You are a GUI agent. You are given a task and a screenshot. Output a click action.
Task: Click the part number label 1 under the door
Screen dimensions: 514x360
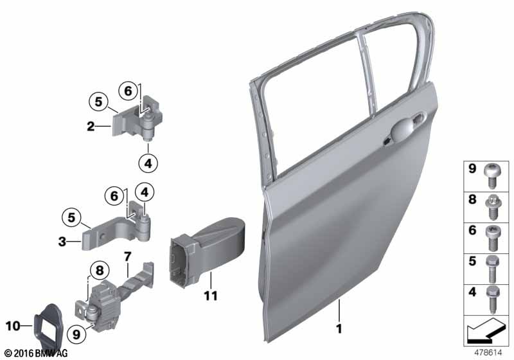click(x=339, y=328)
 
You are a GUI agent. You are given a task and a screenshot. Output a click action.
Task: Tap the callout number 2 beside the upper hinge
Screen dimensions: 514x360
click(x=91, y=126)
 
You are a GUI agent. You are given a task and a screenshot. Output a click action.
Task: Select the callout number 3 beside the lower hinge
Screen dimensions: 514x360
click(x=62, y=242)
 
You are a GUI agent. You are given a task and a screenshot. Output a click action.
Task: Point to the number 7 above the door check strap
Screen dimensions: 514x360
click(x=127, y=256)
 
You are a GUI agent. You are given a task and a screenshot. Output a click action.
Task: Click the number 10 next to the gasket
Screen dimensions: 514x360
click(x=13, y=326)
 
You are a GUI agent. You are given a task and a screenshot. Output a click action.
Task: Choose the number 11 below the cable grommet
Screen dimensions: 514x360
click(x=211, y=296)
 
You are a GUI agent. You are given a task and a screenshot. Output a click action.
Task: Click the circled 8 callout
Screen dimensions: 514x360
click(x=99, y=271)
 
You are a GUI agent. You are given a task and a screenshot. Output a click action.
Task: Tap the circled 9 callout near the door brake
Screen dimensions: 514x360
click(x=76, y=334)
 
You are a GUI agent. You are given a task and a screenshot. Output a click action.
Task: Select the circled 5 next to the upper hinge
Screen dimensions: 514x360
click(x=99, y=102)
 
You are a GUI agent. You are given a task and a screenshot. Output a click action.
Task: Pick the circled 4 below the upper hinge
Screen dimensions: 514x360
click(x=148, y=163)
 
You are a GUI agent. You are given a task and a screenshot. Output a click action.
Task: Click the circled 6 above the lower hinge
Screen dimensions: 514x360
click(x=114, y=196)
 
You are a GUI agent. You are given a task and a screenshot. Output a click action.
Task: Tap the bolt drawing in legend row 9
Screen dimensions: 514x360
click(x=491, y=175)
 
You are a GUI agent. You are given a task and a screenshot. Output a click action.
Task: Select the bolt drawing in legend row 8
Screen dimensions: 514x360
click(x=492, y=206)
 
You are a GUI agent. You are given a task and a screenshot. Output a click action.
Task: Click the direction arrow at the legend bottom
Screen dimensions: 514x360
click(x=486, y=330)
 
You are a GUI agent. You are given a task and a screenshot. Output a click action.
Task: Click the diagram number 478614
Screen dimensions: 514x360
click(x=488, y=352)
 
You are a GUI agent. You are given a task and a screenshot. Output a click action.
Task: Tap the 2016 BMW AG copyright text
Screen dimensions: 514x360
click(x=37, y=354)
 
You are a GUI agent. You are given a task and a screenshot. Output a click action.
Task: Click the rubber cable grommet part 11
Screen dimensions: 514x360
click(x=206, y=251)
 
